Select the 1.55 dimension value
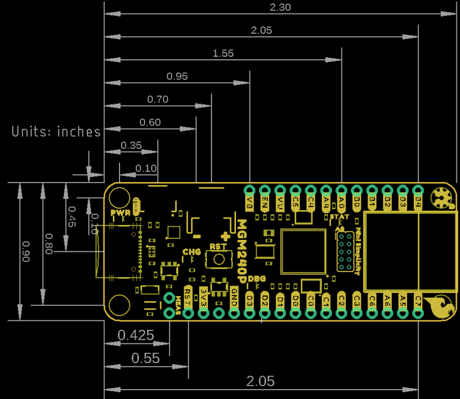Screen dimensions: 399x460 223,53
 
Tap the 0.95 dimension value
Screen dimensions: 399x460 177,76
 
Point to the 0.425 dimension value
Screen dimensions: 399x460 136,336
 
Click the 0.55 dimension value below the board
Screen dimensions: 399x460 146,358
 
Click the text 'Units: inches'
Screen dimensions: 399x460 56,132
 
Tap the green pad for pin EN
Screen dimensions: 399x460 265,190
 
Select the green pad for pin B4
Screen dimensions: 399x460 418,190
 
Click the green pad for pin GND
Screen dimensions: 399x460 234,313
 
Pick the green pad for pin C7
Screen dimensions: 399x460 418,313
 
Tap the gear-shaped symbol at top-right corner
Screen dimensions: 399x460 442,198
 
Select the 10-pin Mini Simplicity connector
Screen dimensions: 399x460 344,251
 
